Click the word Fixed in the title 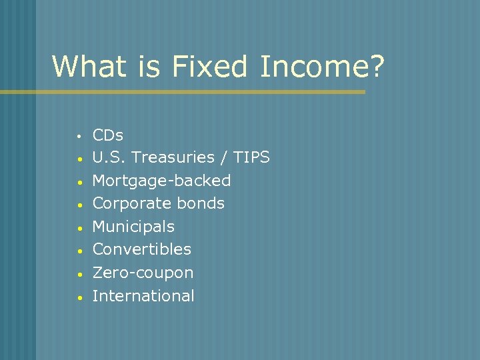coord(209,67)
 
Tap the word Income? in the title coord(322,67)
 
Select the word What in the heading coord(85,67)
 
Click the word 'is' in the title coord(151,67)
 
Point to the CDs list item coord(107,135)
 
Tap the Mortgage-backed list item coord(161,181)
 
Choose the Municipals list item coord(133,227)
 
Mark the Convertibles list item coord(141,249)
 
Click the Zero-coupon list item coord(143,273)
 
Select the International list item coord(143,296)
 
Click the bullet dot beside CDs coord(79,137)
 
